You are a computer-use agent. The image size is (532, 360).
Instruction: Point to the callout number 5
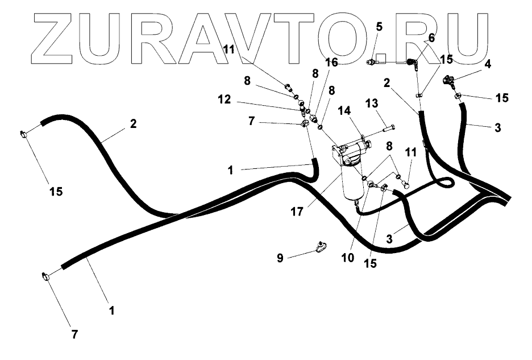(379, 26)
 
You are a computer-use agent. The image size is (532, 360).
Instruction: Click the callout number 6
(431, 38)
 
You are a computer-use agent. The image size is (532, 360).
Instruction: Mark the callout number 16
(331, 63)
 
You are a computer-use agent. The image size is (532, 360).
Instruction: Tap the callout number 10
(348, 257)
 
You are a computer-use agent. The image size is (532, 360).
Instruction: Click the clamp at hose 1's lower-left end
(45, 277)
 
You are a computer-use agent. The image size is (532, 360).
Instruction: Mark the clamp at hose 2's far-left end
(24, 134)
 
